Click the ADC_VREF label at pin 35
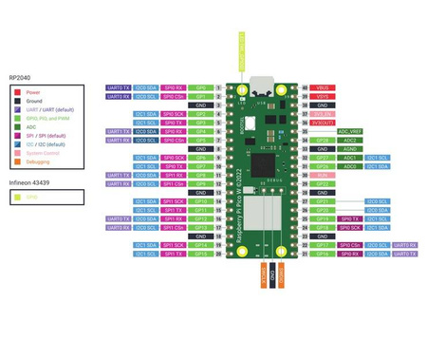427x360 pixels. tap(350, 131)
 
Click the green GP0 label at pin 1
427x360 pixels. tap(200, 87)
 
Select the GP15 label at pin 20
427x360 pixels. tap(200, 254)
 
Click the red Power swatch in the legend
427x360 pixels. tap(17, 93)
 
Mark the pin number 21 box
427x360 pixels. tap(305, 254)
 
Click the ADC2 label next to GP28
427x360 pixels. tap(350, 140)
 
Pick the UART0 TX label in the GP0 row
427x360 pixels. tap(119, 87)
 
